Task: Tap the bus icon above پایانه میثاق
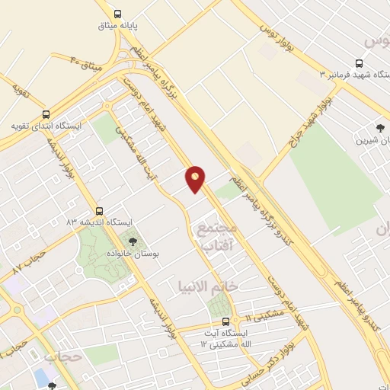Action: [x=117, y=13]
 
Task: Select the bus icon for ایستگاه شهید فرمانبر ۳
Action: [x=358, y=64]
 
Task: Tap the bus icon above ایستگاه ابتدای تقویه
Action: [x=46, y=113]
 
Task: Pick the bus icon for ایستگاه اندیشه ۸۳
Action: [x=99, y=210]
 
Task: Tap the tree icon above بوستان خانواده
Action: [x=134, y=241]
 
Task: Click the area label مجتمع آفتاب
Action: [x=217, y=237]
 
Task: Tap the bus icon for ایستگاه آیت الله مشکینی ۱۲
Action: [x=225, y=320]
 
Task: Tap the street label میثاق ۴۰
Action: [x=86, y=60]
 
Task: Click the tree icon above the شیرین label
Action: [x=380, y=127]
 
